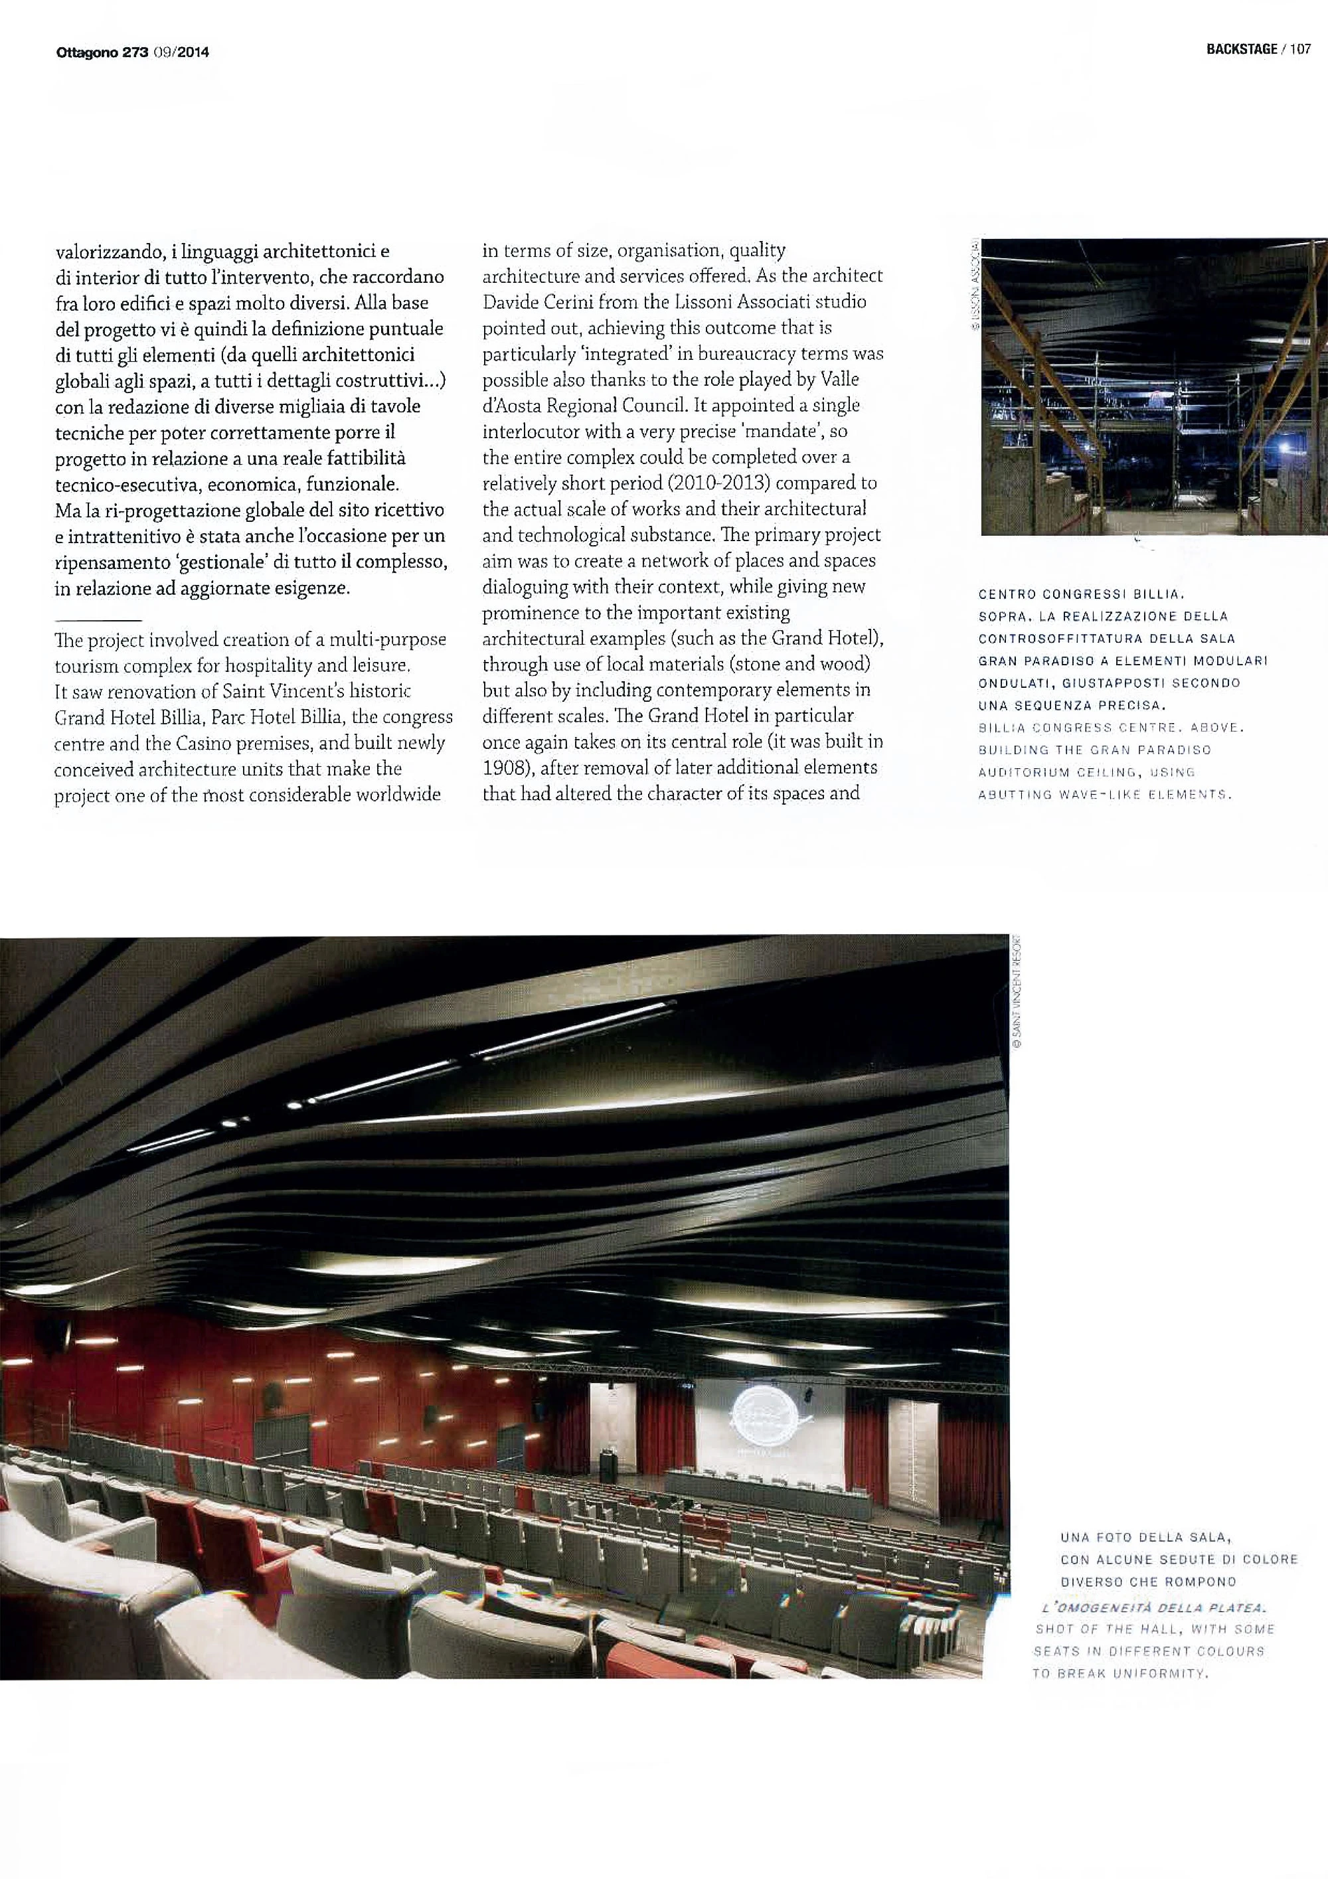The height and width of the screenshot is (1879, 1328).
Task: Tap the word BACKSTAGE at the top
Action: click(x=1240, y=49)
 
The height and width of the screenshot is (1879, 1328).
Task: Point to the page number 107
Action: click(x=1300, y=49)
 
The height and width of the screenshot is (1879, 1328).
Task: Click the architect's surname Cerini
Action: click(x=573, y=302)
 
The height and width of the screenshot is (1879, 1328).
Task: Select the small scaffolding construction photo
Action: click(x=1154, y=386)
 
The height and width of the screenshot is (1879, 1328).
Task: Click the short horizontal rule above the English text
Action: click(x=98, y=620)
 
